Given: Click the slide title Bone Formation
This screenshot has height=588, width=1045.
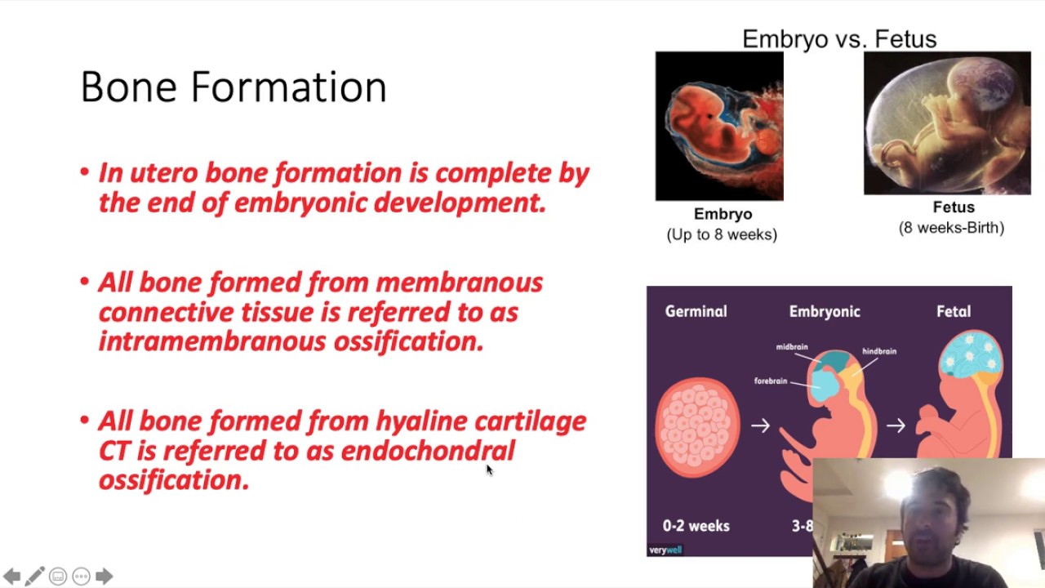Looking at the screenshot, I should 233,87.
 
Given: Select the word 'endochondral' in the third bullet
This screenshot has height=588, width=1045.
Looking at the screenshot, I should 428,451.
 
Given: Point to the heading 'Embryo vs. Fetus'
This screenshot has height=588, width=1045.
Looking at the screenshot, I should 838,38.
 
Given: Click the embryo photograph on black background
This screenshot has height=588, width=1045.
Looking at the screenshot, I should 719,126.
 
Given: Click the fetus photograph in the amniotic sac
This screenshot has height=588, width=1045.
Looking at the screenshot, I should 947,123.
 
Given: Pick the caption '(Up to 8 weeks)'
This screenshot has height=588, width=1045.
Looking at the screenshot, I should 722,234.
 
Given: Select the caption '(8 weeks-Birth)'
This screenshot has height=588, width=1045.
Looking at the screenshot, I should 951,228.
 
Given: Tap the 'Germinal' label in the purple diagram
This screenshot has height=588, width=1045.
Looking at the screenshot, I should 696,311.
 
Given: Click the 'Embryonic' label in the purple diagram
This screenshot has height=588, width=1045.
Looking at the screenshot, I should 825,311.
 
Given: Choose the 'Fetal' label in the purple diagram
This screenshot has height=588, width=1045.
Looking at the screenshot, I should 954,311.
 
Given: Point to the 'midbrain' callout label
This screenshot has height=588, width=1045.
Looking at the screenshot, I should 791,347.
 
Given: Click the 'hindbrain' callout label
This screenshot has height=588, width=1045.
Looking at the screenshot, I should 879,351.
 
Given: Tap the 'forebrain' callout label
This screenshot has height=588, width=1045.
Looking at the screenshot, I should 771,381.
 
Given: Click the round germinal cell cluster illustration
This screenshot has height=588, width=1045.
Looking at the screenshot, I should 697,427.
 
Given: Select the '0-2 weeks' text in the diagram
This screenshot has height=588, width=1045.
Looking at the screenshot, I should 696,526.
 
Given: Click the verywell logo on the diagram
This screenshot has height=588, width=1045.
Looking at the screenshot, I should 665,550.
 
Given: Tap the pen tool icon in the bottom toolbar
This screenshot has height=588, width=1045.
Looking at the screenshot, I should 34,577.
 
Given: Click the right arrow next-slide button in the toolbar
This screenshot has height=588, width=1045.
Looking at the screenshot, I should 104,577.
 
